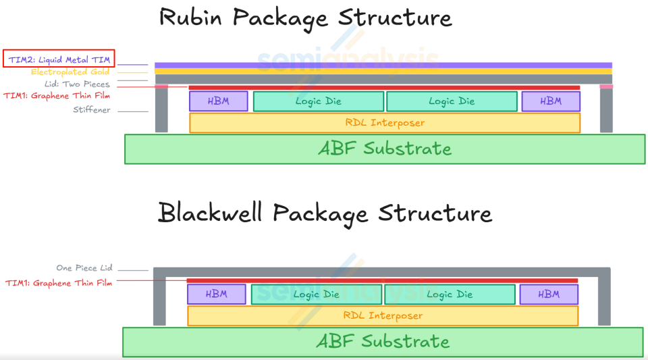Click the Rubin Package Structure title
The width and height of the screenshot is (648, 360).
tap(305, 18)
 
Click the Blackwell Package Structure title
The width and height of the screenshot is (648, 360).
tap(325, 213)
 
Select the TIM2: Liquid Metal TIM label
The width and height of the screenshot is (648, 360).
tap(59, 60)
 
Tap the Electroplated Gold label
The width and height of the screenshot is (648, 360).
tap(70, 72)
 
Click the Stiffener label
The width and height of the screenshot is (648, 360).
tap(92, 110)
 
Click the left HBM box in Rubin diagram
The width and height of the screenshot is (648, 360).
tap(218, 101)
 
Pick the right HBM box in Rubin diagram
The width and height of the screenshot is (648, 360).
tap(551, 101)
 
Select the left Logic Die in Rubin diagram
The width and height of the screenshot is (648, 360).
tap(318, 101)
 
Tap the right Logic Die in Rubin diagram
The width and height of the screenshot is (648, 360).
tap(452, 101)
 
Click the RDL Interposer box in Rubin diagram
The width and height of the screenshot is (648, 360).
tap(384, 123)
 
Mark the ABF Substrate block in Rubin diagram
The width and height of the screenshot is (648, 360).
tap(385, 149)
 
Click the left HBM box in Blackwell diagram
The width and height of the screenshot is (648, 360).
tap(216, 294)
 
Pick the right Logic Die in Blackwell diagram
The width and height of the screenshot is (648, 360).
tap(449, 294)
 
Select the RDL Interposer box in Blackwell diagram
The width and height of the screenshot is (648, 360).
tap(382, 315)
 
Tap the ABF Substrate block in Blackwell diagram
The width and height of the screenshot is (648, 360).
tap(383, 342)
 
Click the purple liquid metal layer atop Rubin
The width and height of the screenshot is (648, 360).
tap(383, 66)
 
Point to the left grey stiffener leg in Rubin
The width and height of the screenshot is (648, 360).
tap(161, 110)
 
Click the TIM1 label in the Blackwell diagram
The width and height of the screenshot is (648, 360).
tap(59, 283)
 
